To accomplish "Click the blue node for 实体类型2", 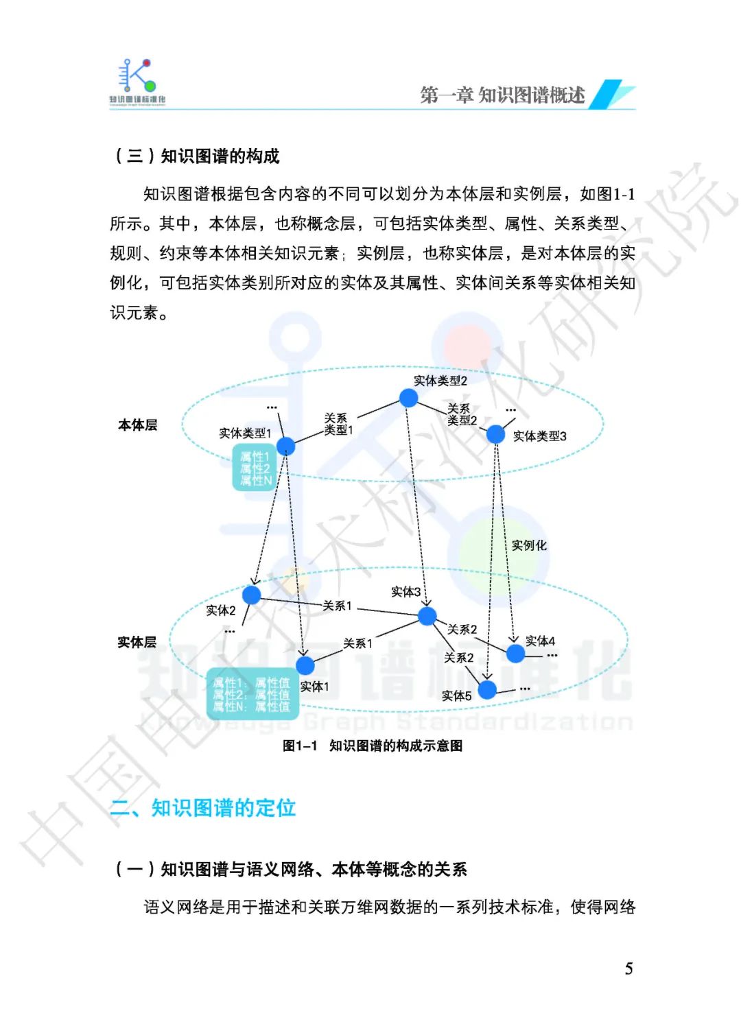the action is click(408, 398).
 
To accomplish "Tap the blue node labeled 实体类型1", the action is click(285, 446).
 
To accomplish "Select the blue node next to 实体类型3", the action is click(495, 434).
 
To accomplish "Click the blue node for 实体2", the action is click(252, 594).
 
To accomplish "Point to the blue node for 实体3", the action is click(427, 615).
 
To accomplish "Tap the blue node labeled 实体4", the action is click(515, 653).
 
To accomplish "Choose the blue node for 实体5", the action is click(487, 689).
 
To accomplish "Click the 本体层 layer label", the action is click(137, 425).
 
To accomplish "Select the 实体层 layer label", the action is click(137, 643).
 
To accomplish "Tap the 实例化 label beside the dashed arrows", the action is click(529, 545).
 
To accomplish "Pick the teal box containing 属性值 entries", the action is click(252, 694).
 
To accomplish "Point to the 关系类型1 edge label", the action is click(338, 424).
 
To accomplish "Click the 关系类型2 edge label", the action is click(462, 414).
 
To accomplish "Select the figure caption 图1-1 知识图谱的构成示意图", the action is click(373, 746).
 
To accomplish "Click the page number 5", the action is click(628, 968).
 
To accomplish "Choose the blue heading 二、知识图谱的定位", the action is click(203, 807).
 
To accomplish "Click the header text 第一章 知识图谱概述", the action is click(502, 95).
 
